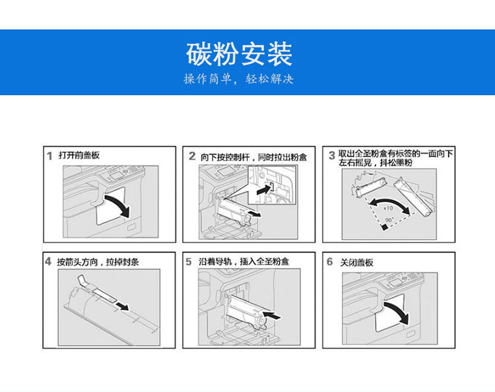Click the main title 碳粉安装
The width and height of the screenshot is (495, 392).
[239, 54]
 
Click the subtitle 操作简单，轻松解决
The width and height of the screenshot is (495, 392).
[239, 79]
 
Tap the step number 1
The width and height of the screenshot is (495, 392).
[49, 156]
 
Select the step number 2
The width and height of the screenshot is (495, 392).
[192, 156]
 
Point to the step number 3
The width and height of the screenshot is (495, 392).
[331, 155]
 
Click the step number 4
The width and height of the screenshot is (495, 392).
[48, 261]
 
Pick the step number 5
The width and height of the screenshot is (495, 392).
[189, 261]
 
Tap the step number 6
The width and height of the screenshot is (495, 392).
[329, 261]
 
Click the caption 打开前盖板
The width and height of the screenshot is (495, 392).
[79, 155]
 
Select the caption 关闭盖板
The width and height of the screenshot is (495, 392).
[356, 262]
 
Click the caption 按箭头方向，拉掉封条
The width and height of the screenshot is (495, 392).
[98, 262]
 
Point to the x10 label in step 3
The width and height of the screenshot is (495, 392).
[388, 208]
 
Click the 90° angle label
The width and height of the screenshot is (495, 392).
[389, 220]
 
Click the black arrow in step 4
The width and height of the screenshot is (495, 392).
[122, 306]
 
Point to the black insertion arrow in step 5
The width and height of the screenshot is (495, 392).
[271, 315]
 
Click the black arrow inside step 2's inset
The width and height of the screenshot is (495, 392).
[264, 190]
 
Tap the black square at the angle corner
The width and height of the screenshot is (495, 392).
[384, 227]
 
